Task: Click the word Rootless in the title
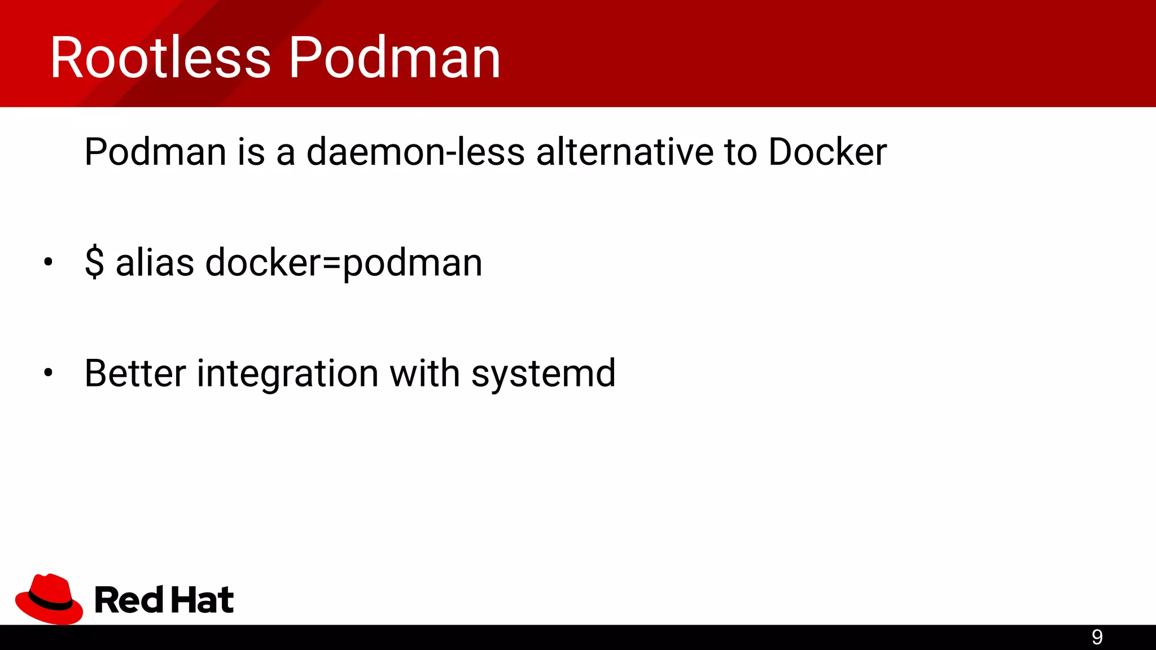click(160, 58)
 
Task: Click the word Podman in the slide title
click(395, 58)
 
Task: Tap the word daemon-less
click(415, 152)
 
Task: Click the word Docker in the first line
click(827, 152)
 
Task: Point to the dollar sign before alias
click(94, 262)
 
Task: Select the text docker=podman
click(344, 262)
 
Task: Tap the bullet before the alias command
click(48, 261)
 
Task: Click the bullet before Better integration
click(48, 372)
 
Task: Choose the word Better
click(135, 373)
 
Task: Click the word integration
click(287, 373)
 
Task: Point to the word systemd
click(543, 373)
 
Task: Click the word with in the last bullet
click(424, 373)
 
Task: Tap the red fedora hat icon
click(49, 599)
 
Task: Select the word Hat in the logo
click(202, 599)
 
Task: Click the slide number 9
click(1097, 637)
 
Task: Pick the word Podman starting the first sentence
click(155, 152)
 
